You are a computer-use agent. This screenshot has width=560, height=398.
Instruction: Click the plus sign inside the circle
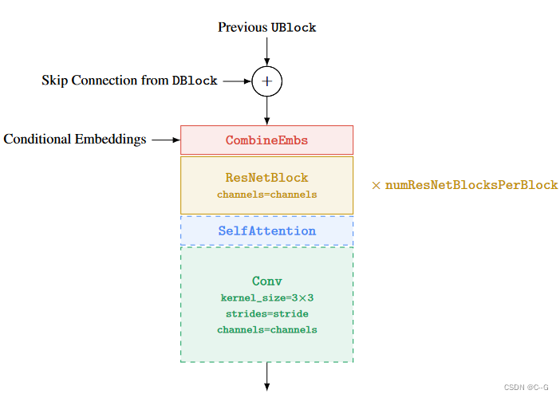tap(266, 81)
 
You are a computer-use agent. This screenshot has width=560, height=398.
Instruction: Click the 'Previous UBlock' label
tap(266, 27)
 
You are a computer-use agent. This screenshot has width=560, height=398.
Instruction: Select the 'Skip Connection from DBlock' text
tap(129, 81)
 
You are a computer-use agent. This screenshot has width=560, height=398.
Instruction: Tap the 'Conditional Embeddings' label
tap(75, 140)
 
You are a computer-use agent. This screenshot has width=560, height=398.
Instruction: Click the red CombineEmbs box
tap(266, 140)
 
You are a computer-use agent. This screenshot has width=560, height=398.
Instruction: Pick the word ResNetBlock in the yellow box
tap(266, 178)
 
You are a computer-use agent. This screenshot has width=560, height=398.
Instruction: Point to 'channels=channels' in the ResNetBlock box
tap(266, 194)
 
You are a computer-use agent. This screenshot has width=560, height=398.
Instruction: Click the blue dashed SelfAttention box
tap(266, 231)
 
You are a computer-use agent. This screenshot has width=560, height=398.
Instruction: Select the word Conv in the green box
tap(266, 281)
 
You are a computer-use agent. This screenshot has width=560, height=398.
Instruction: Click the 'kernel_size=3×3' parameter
tap(266, 298)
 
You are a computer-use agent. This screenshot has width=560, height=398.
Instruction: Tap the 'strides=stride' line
tap(266, 313)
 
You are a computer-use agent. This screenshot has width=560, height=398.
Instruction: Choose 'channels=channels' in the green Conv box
tap(266, 329)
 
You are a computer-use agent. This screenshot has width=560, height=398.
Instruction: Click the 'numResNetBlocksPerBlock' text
tap(471, 185)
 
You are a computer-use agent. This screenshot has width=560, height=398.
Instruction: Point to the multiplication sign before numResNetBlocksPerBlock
tap(376, 185)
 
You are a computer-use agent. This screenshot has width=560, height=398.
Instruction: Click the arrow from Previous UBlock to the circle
tap(266, 51)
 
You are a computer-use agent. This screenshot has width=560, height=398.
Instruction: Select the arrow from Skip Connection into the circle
tap(236, 81)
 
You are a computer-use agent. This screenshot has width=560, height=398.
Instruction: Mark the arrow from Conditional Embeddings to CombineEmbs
tap(165, 140)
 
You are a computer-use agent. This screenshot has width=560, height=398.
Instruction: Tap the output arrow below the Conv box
tap(266, 376)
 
